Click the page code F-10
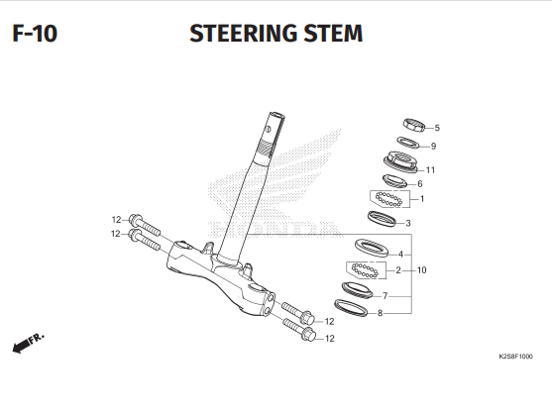click(x=35, y=34)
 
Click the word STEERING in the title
click(x=244, y=34)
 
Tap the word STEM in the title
click(x=333, y=34)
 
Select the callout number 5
click(x=437, y=128)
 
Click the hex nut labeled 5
click(x=414, y=125)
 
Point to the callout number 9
click(x=433, y=146)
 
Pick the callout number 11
click(x=430, y=170)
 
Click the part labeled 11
click(x=401, y=161)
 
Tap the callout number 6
click(x=420, y=184)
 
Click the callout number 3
click(x=408, y=223)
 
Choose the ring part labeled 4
click(x=372, y=248)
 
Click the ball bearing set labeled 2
click(x=365, y=270)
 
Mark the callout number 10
click(x=422, y=270)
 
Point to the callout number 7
click(x=386, y=296)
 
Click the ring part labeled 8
click(x=351, y=308)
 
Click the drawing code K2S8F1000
click(x=515, y=357)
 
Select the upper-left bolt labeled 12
click(x=145, y=225)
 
